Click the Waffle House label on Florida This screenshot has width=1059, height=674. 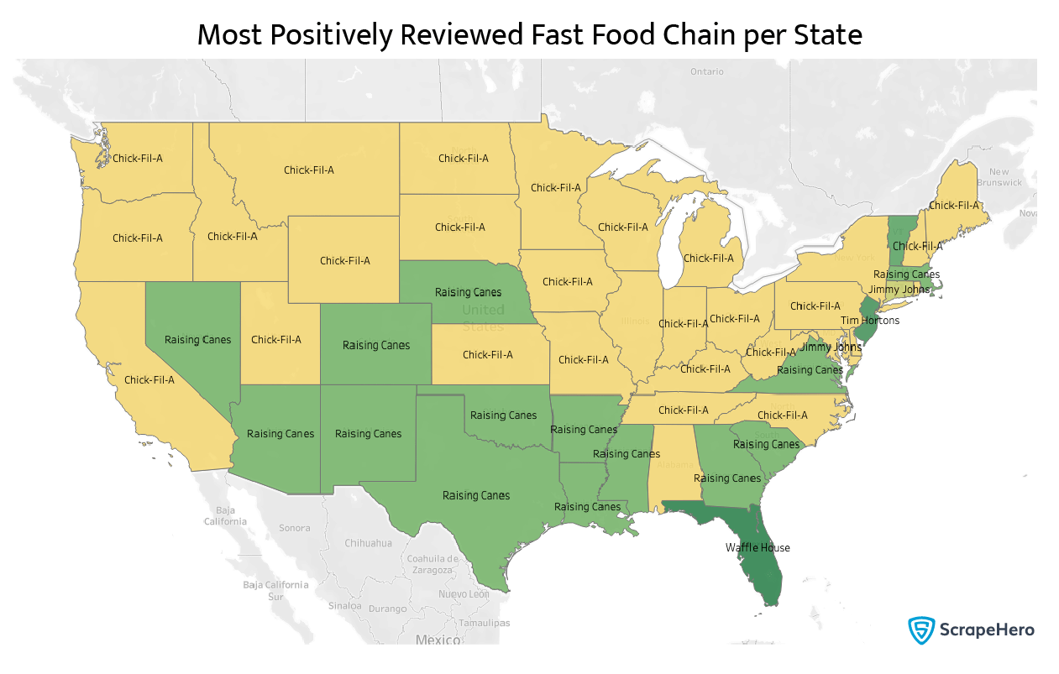pyautogui.click(x=758, y=548)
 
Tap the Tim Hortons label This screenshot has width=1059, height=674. pyautogui.click(x=870, y=321)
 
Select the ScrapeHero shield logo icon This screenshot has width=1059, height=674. pyautogui.click(x=921, y=630)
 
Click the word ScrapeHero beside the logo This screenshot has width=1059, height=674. pyautogui.click(x=987, y=630)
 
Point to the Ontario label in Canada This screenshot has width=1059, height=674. pyautogui.click(x=706, y=72)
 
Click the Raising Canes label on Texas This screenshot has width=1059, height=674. pyautogui.click(x=476, y=496)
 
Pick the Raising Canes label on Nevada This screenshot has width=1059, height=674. pyautogui.click(x=197, y=340)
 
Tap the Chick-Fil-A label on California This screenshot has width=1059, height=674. pyautogui.click(x=149, y=380)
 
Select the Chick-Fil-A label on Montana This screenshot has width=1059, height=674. pyautogui.click(x=309, y=170)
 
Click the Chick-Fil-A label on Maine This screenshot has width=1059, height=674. pyautogui.click(x=954, y=206)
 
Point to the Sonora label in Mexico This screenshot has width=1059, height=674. pyautogui.click(x=294, y=529)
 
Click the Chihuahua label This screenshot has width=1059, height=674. pyautogui.click(x=368, y=543)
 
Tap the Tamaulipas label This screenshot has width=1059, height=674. pyautogui.click(x=484, y=624)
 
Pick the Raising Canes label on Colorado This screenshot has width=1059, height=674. pyautogui.click(x=376, y=345)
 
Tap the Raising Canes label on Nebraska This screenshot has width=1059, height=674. pyautogui.click(x=468, y=293)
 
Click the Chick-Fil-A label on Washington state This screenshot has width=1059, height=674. pyautogui.click(x=138, y=158)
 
